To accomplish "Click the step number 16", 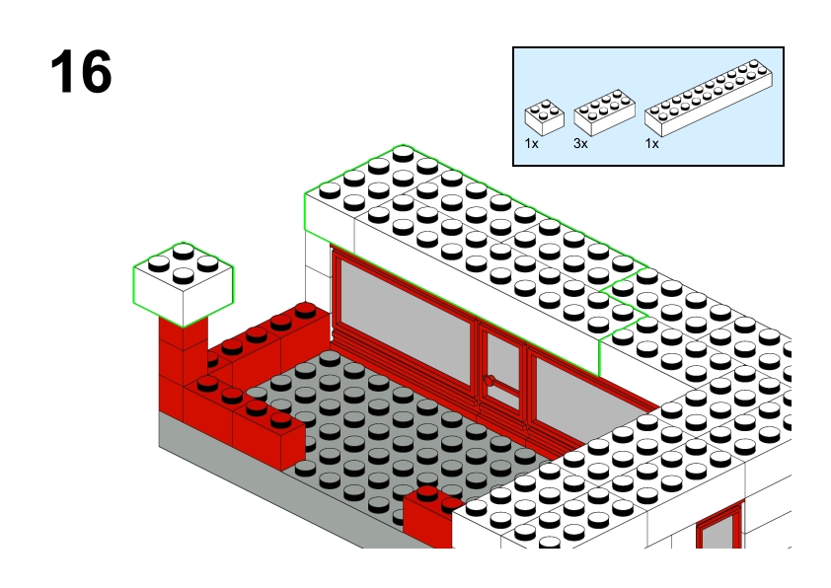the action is pos(81,71).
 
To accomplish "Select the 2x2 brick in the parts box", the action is pos(544,117).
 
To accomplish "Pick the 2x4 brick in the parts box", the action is pos(604,112).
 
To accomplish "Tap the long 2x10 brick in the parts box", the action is pos(708,98).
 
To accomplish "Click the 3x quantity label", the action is pos(580,144).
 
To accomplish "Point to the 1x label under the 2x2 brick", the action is pos(532,144).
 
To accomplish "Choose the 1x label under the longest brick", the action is pos(651,144).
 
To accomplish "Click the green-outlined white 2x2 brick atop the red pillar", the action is pos(183,284).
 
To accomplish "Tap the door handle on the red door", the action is pos(490,380).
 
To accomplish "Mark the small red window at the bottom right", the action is pos(720,525).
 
